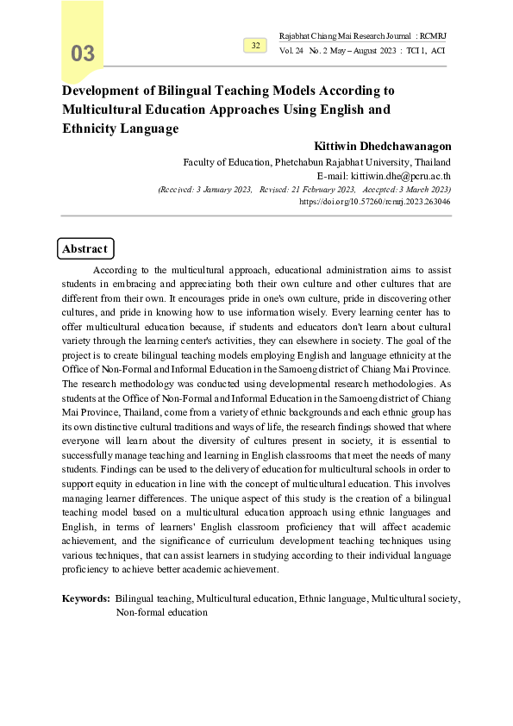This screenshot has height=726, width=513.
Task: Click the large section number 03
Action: (x=83, y=53)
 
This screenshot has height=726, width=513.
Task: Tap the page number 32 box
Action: (x=255, y=45)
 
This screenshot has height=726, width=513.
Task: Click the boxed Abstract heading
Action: (x=84, y=249)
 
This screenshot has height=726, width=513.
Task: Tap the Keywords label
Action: (x=86, y=598)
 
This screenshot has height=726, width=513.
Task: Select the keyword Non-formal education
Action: (x=162, y=612)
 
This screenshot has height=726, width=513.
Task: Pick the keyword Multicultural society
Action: (x=416, y=598)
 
